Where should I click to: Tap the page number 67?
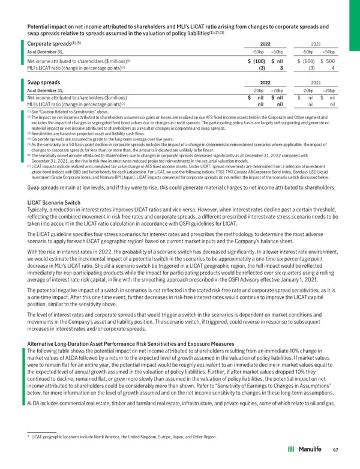[x=343, y=449]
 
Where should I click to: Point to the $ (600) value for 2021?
[x=309, y=61]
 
